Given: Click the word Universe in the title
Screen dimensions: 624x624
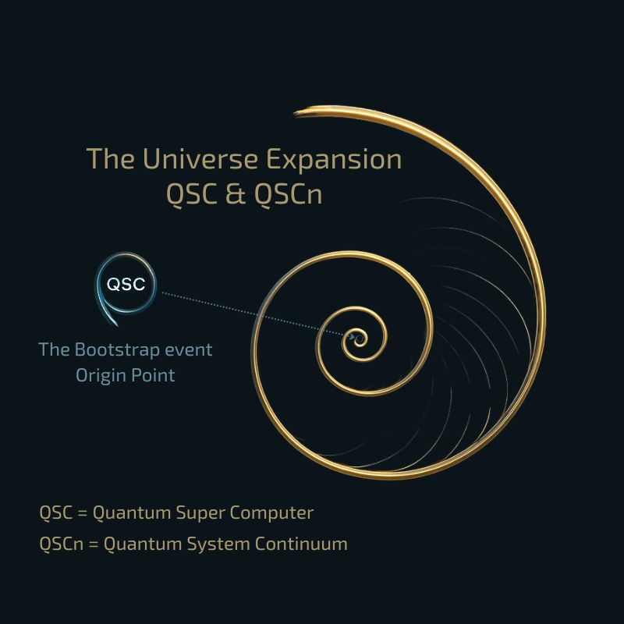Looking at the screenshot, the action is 200,159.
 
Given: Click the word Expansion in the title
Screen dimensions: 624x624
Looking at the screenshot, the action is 334,160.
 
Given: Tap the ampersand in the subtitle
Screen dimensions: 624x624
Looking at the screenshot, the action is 236,194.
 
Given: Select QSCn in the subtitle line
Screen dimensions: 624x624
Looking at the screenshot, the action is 288,194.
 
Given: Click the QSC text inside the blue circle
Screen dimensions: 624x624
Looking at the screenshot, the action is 126,284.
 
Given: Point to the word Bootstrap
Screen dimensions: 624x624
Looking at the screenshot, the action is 117,349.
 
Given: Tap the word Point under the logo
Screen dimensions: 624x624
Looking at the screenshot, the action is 153,375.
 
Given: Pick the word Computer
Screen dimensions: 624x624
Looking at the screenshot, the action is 271,513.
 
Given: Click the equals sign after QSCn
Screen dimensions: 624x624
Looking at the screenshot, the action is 93,544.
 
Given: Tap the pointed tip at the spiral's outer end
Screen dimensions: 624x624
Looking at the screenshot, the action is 295,113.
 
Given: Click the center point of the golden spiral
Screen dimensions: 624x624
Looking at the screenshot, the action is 360,339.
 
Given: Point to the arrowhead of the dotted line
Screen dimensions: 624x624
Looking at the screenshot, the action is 352,337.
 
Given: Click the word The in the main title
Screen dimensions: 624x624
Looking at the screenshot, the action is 111,159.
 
